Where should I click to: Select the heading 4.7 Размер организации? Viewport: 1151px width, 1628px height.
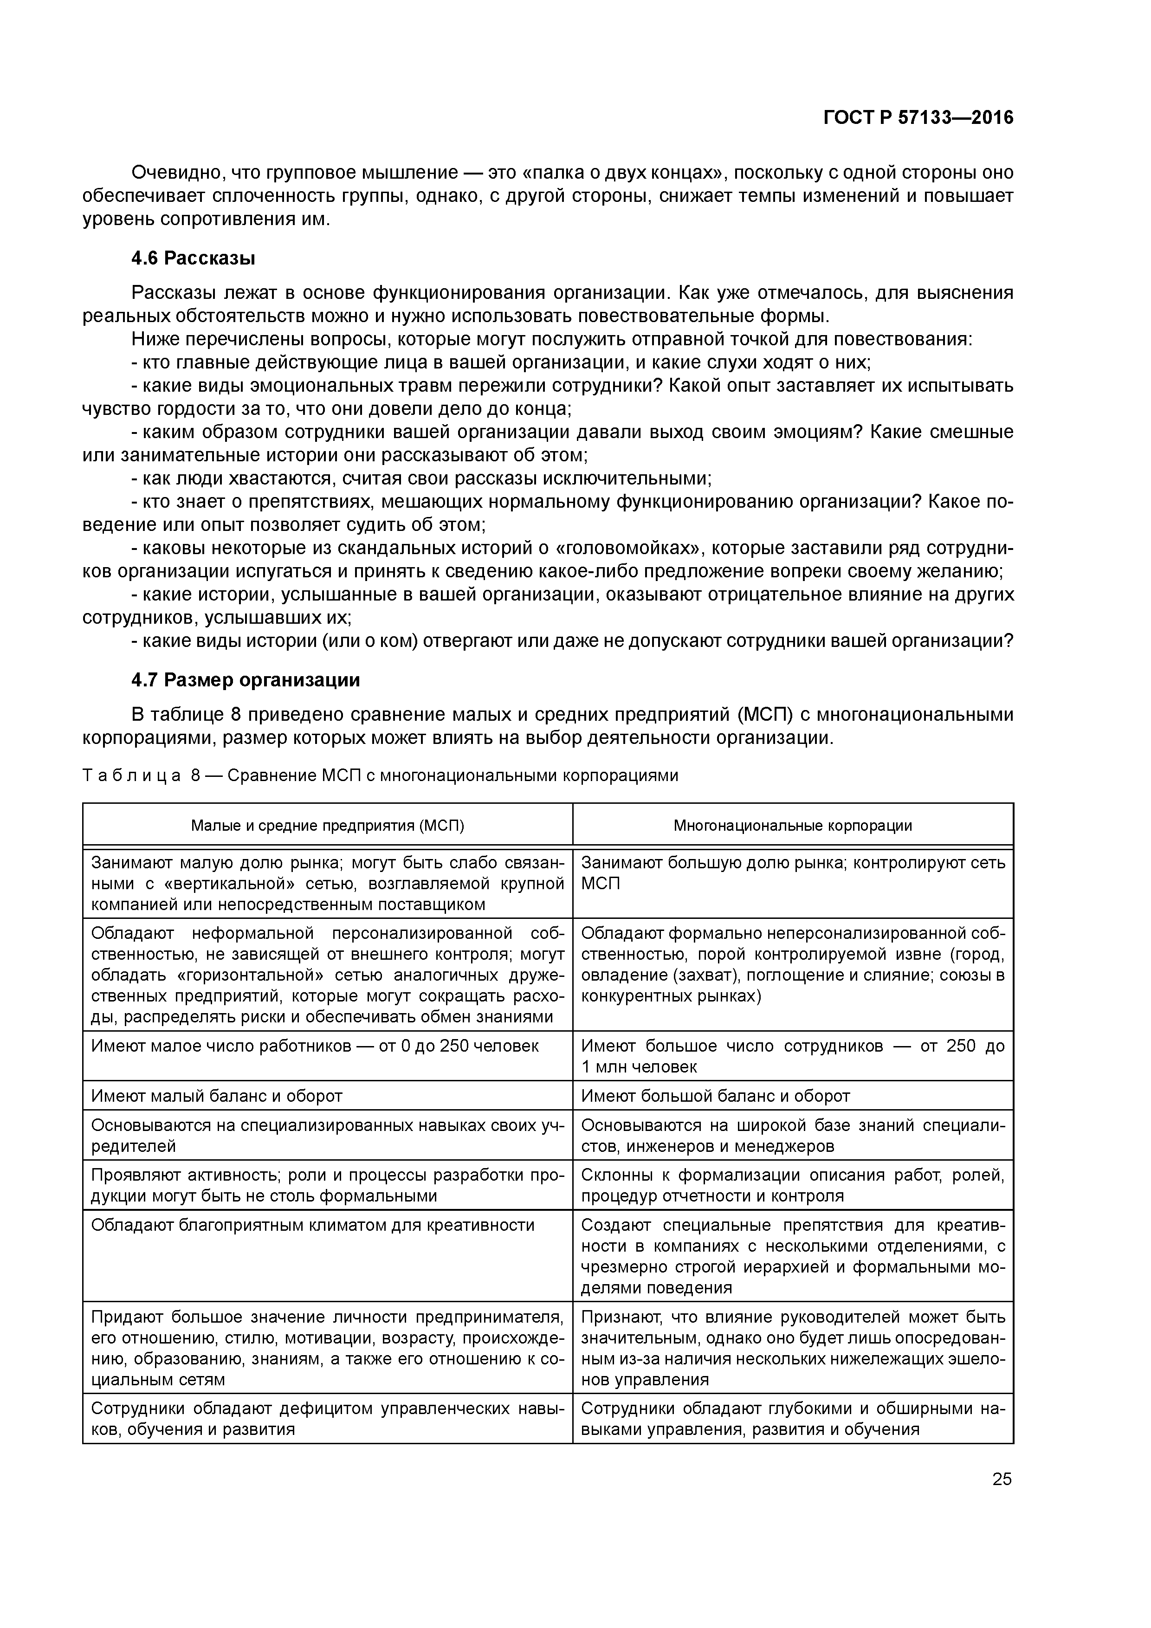click(x=246, y=680)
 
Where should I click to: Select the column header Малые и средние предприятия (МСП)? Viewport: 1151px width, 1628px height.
click(x=328, y=825)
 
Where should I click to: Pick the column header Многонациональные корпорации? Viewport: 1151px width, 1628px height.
click(x=792, y=825)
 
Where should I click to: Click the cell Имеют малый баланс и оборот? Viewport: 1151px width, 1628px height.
click(x=217, y=1096)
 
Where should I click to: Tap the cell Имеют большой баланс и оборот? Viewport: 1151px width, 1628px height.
click(x=715, y=1096)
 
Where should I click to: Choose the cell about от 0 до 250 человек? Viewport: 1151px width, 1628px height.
click(x=315, y=1046)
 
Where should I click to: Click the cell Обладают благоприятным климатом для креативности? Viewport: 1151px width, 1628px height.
click(x=313, y=1225)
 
